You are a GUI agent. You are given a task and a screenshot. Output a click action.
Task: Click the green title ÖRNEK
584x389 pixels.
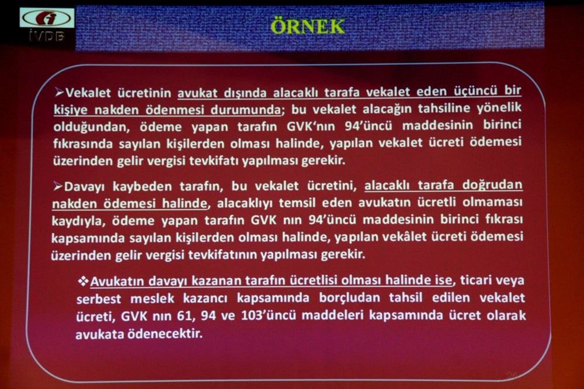(308, 26)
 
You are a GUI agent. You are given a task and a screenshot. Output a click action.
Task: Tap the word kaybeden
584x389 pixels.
(127, 187)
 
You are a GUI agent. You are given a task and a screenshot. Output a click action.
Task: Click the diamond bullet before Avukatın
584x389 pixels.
(83, 281)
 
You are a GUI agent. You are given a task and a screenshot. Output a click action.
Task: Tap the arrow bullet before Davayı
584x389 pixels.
(57, 187)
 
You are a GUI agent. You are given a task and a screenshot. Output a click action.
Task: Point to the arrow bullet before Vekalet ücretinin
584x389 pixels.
(58, 92)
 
